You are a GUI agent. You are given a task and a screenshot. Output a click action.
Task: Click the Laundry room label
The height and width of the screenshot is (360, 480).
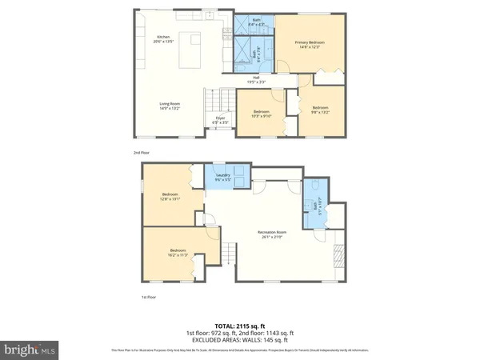pos(223,178)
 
